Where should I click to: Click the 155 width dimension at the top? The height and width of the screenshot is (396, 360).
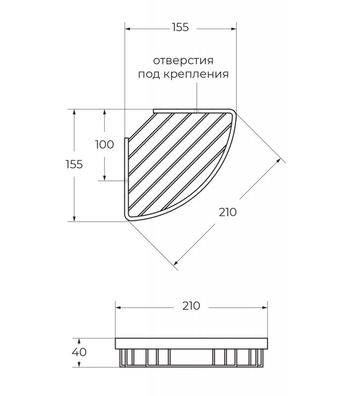point(180,27)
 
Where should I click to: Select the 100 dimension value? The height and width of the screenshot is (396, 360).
point(104,145)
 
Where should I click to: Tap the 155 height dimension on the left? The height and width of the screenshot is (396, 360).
point(74,164)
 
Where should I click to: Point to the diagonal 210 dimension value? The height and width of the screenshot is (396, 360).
point(228,212)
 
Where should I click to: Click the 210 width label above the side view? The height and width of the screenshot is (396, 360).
point(191,306)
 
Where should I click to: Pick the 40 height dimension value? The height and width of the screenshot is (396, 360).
point(79,352)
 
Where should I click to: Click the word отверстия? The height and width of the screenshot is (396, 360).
point(183,61)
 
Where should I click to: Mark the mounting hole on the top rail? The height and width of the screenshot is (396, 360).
point(197,111)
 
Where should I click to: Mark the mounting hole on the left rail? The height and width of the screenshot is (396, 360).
point(126,180)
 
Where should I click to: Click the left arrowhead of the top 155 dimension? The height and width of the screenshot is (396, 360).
point(128,29)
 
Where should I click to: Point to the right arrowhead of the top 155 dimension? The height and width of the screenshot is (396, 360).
point(234,29)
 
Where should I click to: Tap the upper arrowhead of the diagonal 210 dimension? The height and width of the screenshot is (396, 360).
point(279,160)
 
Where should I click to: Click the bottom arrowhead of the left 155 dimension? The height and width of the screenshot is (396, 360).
point(74,219)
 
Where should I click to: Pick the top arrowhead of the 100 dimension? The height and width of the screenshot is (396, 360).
point(104,112)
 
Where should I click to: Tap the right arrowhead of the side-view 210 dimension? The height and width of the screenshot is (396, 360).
point(265,307)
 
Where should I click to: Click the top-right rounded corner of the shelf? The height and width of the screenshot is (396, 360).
point(233,112)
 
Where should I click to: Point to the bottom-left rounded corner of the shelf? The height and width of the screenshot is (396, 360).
point(127,218)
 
